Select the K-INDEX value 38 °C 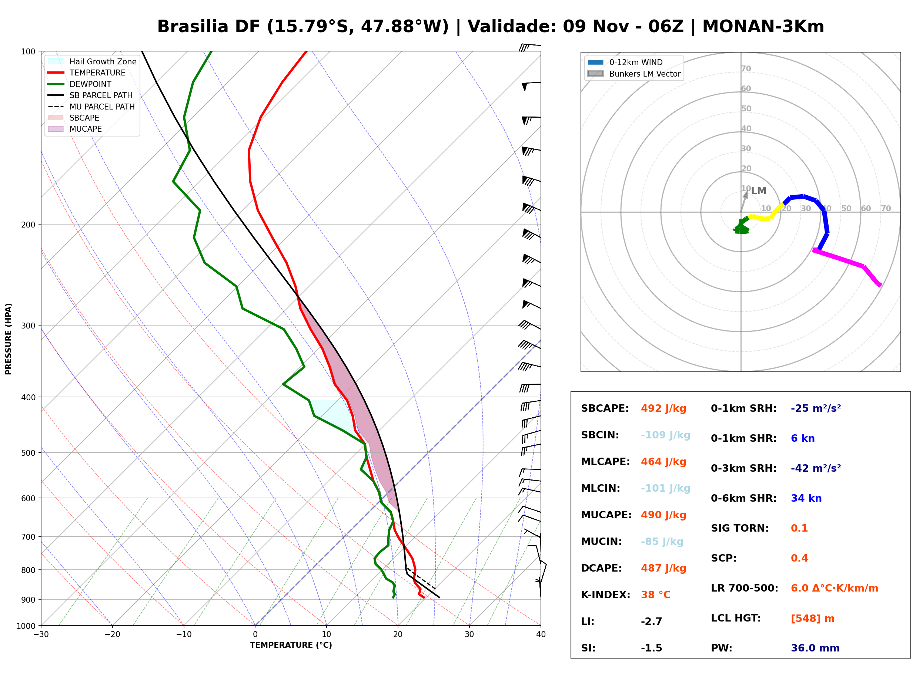pos(656,595)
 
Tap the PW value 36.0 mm pos(815,648)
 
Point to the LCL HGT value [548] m pos(813,619)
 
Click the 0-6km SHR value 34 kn pos(806,498)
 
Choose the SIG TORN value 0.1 pos(799,528)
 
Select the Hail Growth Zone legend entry pos(92,61)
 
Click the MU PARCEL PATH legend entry pos(91,107)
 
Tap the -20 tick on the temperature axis pos(112,635)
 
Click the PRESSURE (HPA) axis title pos(9,339)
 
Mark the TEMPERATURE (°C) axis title pos(291,646)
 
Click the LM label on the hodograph pos(759,191)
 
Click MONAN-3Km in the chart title pos(763,27)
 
